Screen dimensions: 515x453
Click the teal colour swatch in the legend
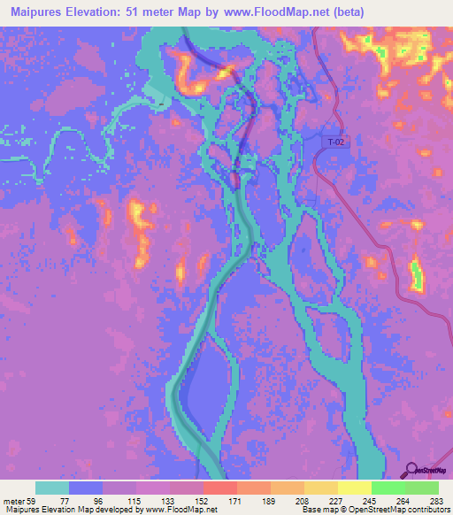point(52,488)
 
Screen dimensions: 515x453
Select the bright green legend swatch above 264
point(388,488)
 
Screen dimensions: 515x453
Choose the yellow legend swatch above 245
point(354,488)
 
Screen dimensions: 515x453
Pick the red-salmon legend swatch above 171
point(219,488)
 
